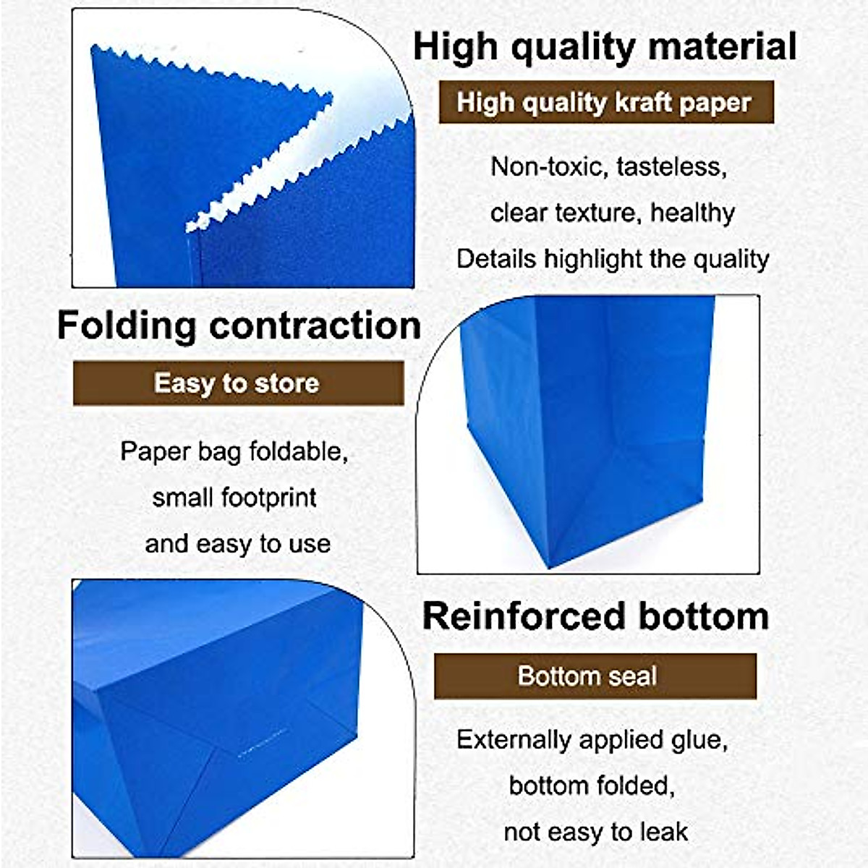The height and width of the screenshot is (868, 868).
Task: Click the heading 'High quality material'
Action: tap(605, 47)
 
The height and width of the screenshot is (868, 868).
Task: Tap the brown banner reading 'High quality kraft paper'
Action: tap(606, 102)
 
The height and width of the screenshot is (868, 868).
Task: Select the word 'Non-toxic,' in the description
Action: tap(550, 167)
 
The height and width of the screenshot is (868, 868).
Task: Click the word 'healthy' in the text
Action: tap(692, 213)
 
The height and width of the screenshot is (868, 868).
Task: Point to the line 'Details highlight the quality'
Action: tap(613, 259)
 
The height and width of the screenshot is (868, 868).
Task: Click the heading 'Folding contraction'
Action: tap(239, 325)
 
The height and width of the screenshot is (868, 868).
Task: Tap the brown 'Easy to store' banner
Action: tap(238, 383)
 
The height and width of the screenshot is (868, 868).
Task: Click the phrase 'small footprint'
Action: tap(234, 498)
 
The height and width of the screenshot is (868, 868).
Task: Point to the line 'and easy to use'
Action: tap(237, 544)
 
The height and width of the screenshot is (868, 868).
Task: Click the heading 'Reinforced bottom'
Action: tap(595, 616)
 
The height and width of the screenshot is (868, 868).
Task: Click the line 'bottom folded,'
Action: tap(592, 786)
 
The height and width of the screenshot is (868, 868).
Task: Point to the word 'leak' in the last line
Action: tap(660, 832)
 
